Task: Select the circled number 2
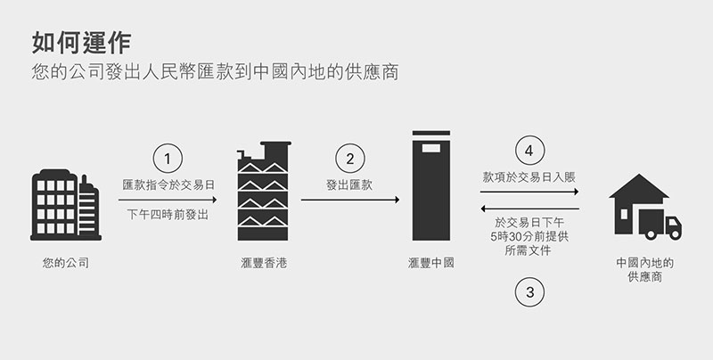click(349, 159)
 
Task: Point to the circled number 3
click(530, 291)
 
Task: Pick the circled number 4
click(530, 150)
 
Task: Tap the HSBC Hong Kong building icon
click(264, 192)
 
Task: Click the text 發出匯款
click(349, 184)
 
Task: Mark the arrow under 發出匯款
click(348, 200)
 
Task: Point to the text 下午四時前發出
click(168, 214)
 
